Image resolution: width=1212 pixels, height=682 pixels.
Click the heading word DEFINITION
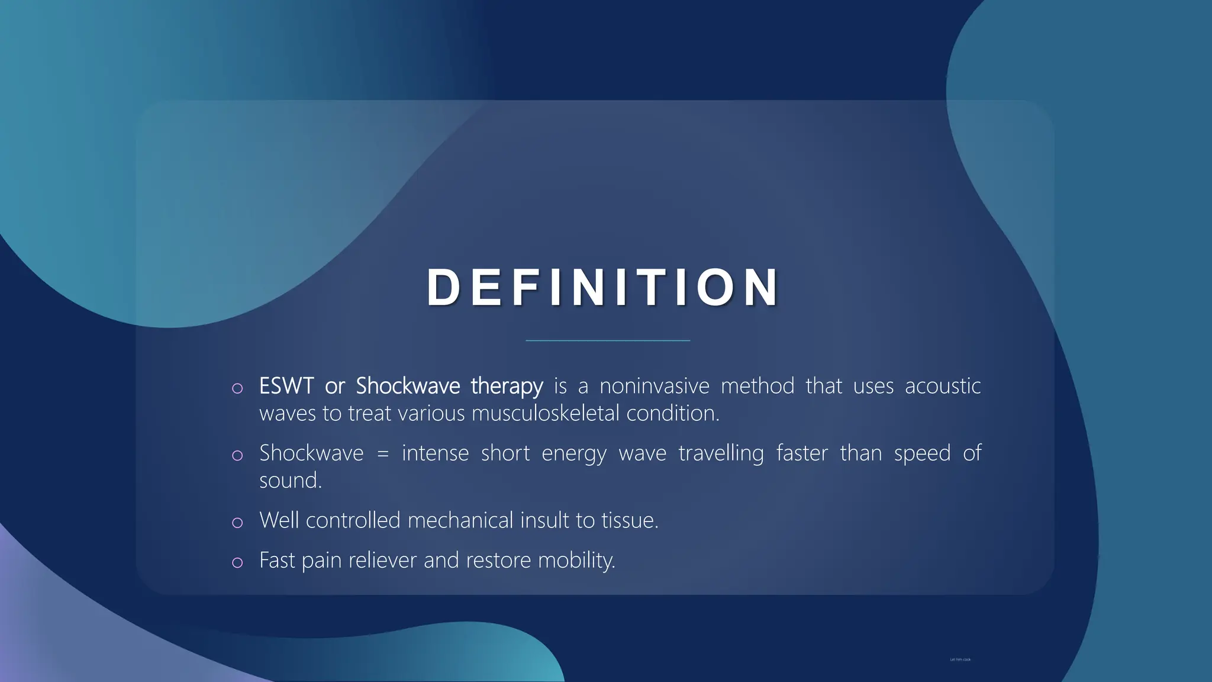[603, 288]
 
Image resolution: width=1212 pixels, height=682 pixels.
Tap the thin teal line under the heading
[608, 340]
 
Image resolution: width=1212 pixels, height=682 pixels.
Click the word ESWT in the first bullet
[286, 386]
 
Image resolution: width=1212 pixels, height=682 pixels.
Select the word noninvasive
[654, 386]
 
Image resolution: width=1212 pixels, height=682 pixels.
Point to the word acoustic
[942, 386]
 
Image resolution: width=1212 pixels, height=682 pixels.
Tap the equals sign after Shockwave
[383, 453]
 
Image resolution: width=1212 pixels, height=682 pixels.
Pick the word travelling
[721, 453]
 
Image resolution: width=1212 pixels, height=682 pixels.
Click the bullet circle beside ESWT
[237, 388]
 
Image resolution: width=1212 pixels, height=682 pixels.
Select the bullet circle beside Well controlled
[237, 523]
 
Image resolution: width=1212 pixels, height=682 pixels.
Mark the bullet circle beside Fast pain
[237, 562]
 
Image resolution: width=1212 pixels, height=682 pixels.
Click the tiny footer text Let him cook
[960, 660]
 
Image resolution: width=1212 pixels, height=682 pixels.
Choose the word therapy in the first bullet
[507, 386]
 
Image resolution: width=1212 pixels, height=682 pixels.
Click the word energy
[573, 453]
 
